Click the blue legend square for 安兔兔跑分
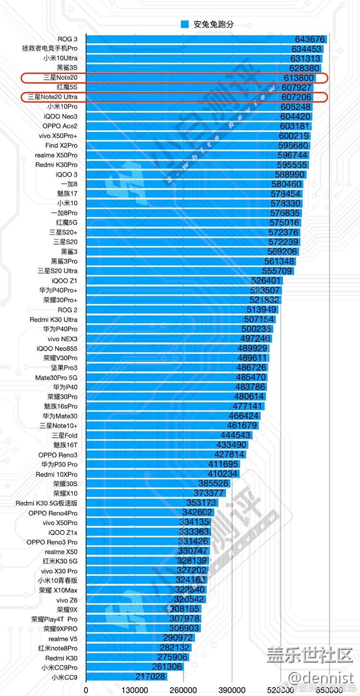[185, 24]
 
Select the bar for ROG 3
[205, 39]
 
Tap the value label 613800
[299, 78]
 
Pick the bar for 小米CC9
[111, 677]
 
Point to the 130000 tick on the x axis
[134, 690]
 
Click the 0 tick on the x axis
[86, 690]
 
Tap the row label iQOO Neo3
[61, 117]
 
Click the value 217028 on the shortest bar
[151, 677]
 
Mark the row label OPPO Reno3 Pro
[52, 542]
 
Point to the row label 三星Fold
[64, 435]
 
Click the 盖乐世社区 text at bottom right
[310, 655]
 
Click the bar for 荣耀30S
[155, 484]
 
